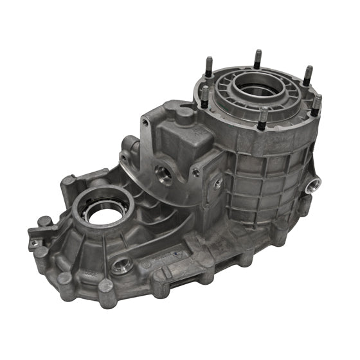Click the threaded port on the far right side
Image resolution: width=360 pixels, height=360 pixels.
315,186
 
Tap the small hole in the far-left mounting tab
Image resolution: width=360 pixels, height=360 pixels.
35,242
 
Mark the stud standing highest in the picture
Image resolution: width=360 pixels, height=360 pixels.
257,58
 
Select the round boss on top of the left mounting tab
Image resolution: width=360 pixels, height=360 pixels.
43,222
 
